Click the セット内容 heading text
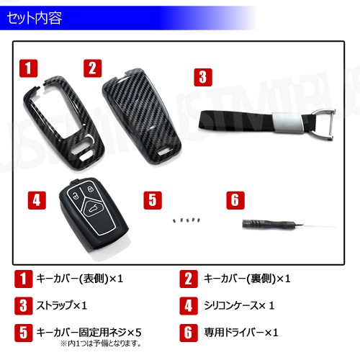click(35, 18)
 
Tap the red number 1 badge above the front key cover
click(29, 68)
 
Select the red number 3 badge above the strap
click(203, 77)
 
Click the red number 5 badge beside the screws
click(153, 200)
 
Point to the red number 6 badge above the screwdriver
click(235, 200)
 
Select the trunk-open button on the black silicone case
click(93, 210)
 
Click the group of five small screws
click(186, 220)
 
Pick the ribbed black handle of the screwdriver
click(266, 224)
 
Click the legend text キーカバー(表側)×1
click(80, 279)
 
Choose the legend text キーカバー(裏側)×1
click(247, 279)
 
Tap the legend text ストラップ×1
click(61, 305)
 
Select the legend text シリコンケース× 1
click(239, 305)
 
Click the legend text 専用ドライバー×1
click(241, 333)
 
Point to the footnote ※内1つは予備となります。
click(101, 343)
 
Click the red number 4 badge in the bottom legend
click(189, 306)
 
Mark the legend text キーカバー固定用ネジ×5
click(89, 333)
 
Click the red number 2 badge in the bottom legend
click(189, 279)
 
